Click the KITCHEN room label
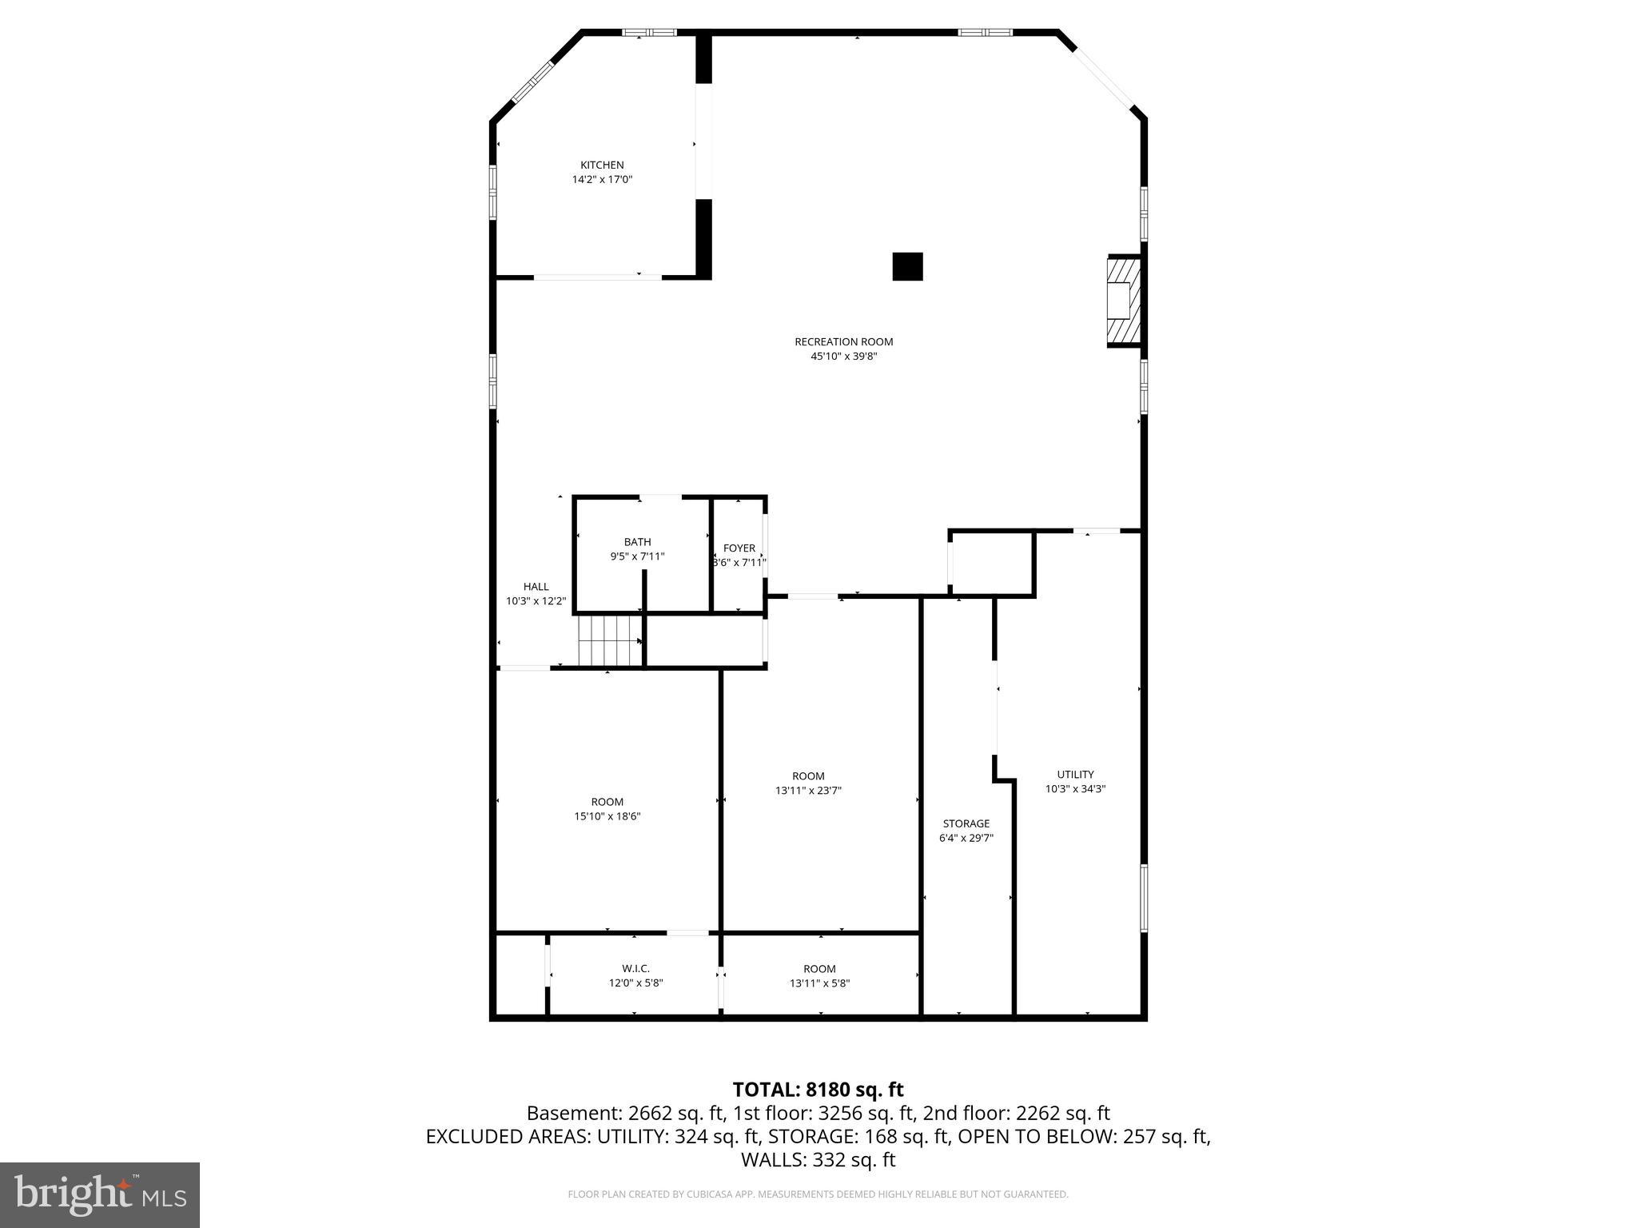point(602,165)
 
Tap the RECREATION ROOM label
point(843,342)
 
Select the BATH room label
point(637,542)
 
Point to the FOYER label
point(739,548)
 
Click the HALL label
point(536,587)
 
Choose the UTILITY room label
point(1075,775)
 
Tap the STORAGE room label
point(966,823)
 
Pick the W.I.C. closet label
point(635,969)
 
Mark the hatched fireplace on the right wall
point(1122,301)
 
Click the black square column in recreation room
point(907,267)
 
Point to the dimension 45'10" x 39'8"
point(843,357)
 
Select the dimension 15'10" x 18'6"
point(607,816)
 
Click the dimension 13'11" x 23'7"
point(808,791)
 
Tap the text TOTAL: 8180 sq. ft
point(818,1090)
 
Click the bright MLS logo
point(100,1195)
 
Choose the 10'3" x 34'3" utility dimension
point(1075,789)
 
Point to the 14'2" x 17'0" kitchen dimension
point(602,180)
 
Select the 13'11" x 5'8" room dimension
point(819,983)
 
